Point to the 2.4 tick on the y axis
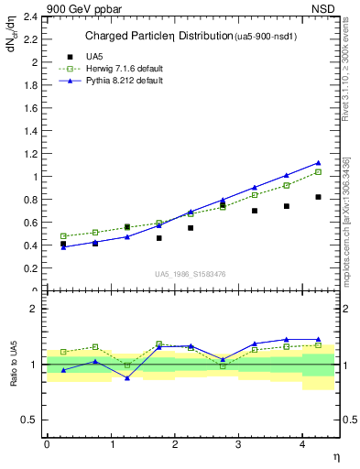point(32,16)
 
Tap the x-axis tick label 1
point(112,444)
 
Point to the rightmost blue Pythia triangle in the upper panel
point(318,163)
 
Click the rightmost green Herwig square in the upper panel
point(318,172)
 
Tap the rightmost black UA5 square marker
point(318,197)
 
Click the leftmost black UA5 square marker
point(63,245)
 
